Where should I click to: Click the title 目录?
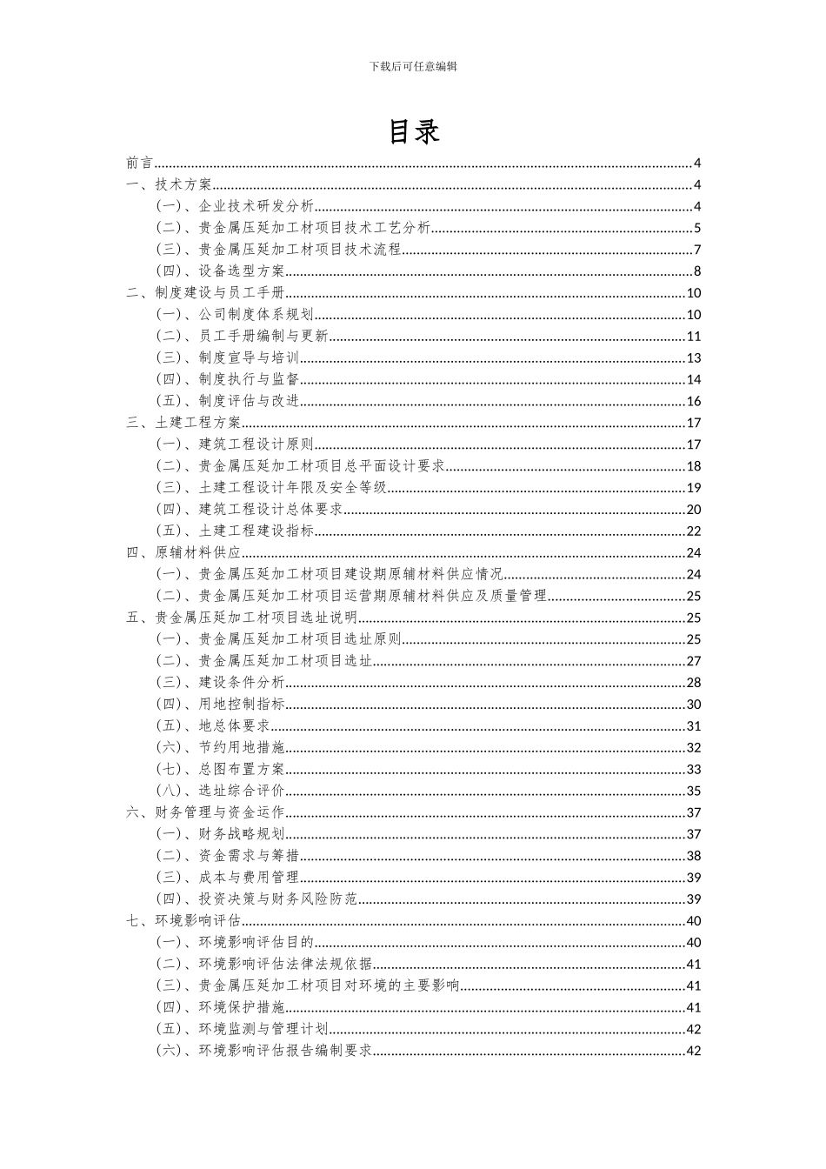413,131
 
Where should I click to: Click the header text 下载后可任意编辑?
413,66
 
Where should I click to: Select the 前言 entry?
139,163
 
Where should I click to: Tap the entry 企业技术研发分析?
235,206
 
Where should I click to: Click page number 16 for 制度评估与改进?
693,401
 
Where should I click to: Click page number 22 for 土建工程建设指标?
693,531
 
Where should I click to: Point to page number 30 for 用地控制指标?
693,705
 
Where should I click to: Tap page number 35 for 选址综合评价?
693,791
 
